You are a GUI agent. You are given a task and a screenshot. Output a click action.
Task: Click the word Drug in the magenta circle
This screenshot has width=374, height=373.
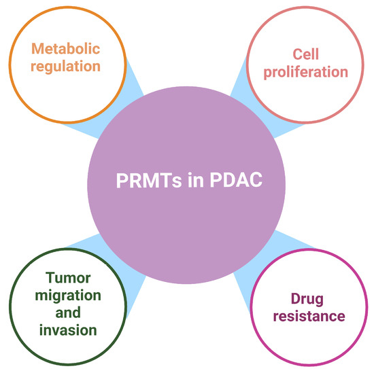click(307, 298)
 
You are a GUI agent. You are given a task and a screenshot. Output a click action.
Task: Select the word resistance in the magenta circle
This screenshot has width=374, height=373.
click(307, 316)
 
